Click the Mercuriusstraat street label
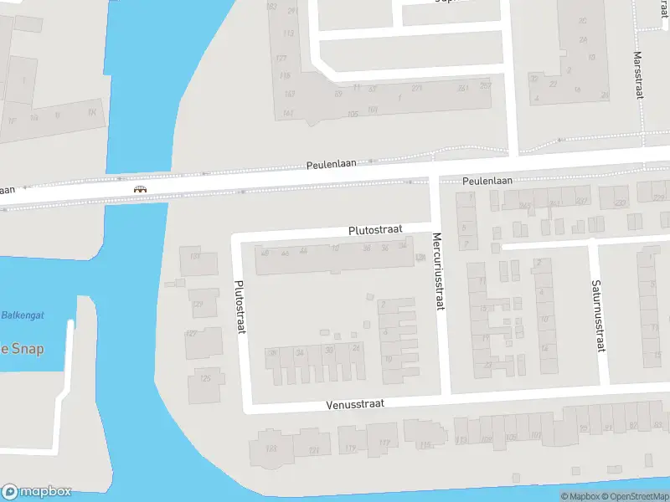436,272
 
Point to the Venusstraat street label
355,403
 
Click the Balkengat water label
23,315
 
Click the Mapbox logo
36,492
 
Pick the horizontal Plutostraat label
376,229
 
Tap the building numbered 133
195,256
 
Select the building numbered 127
192,334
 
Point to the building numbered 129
198,305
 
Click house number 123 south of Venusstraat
271,449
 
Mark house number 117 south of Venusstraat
384,443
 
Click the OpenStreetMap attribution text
632,496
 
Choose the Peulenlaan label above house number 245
487,180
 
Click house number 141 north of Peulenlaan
288,113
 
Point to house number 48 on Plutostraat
265,253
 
